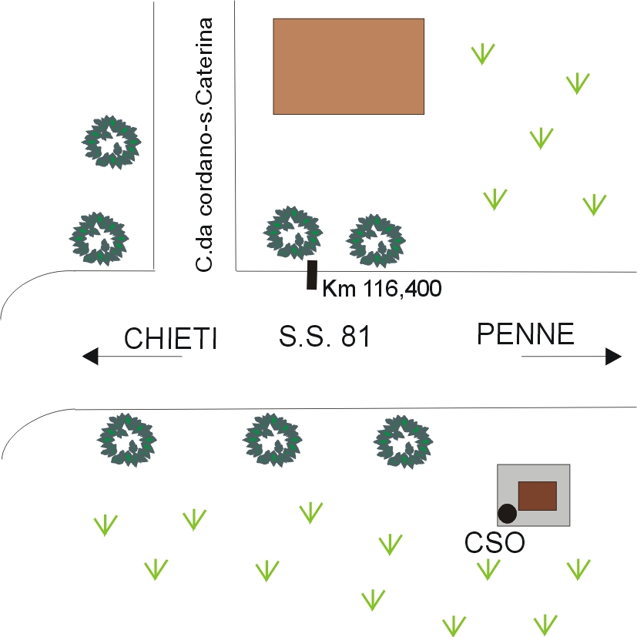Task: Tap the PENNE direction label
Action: (525, 334)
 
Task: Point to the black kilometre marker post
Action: (312, 275)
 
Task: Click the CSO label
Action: (495, 542)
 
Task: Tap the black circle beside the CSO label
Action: (507, 512)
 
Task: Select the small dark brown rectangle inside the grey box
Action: (537, 495)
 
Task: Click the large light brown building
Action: (348, 66)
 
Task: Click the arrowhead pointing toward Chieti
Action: (91, 357)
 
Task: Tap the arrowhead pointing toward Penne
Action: (613, 357)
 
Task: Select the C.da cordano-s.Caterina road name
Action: (205, 145)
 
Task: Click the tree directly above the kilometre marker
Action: (293, 232)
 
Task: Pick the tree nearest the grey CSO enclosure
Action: (404, 441)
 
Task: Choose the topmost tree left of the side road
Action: (112, 142)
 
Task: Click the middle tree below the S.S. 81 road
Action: (272, 441)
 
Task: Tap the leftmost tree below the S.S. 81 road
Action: (126, 441)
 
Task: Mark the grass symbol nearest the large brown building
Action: (483, 53)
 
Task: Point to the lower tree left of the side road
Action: (99, 239)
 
